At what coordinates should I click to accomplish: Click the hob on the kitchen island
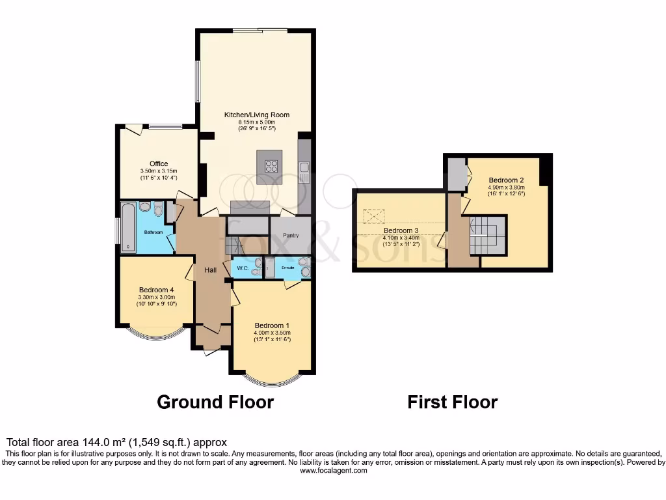point(271,166)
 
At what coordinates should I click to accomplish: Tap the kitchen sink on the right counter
point(304,171)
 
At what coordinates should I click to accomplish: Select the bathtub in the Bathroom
point(127,227)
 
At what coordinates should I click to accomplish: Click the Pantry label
point(291,235)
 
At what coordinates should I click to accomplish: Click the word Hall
point(209,270)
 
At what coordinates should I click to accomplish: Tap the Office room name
point(159,163)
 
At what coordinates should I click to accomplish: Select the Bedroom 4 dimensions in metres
point(156,297)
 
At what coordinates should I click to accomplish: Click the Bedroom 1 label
point(272,326)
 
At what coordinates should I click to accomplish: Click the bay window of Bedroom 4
point(156,335)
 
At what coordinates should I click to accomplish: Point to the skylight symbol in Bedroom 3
point(373,215)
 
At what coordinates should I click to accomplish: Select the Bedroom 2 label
point(505,179)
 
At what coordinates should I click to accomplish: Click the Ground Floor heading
point(215,402)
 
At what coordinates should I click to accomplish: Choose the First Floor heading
point(452,402)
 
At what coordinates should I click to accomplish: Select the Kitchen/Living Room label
point(257,115)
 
